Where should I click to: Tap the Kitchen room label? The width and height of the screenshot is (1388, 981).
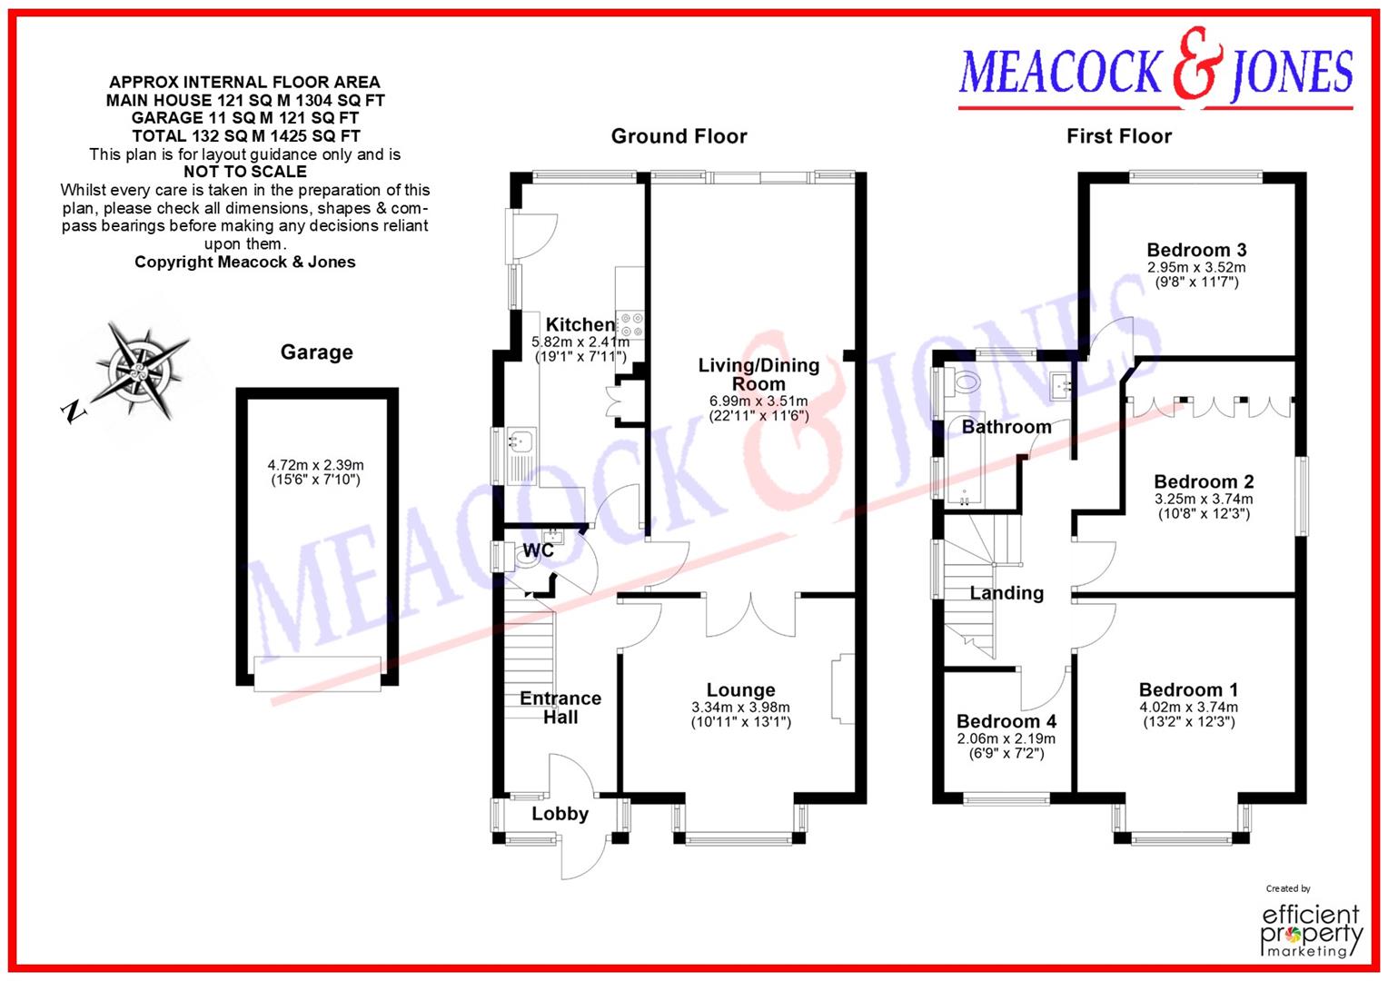pyautogui.click(x=580, y=324)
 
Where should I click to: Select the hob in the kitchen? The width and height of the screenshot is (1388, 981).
pyautogui.click(x=630, y=324)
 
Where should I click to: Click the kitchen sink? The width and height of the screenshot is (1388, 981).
pyautogui.click(x=520, y=442)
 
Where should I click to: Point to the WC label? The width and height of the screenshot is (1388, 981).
pyautogui.click(x=539, y=550)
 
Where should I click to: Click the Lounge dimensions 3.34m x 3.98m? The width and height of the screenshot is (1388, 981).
pyautogui.click(x=740, y=708)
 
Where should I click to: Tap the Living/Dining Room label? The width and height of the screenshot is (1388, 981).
pyautogui.click(x=758, y=374)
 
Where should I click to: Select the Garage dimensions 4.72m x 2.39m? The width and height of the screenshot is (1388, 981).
pyautogui.click(x=315, y=465)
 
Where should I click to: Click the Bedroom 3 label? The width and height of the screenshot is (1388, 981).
pyautogui.click(x=1196, y=250)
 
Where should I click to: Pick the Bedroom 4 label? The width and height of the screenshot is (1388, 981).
pyautogui.click(x=1006, y=721)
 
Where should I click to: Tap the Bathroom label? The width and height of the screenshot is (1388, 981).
pyautogui.click(x=1006, y=427)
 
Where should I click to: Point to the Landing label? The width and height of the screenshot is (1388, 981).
pyautogui.click(x=1006, y=593)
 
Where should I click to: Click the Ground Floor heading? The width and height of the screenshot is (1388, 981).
pyautogui.click(x=679, y=136)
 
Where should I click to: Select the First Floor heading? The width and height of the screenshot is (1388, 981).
pyautogui.click(x=1119, y=136)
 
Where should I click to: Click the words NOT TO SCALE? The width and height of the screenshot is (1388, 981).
pyautogui.click(x=244, y=172)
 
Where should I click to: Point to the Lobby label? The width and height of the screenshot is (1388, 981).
pyautogui.click(x=560, y=814)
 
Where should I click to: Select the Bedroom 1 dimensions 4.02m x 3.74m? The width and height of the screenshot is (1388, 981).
pyautogui.click(x=1188, y=708)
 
